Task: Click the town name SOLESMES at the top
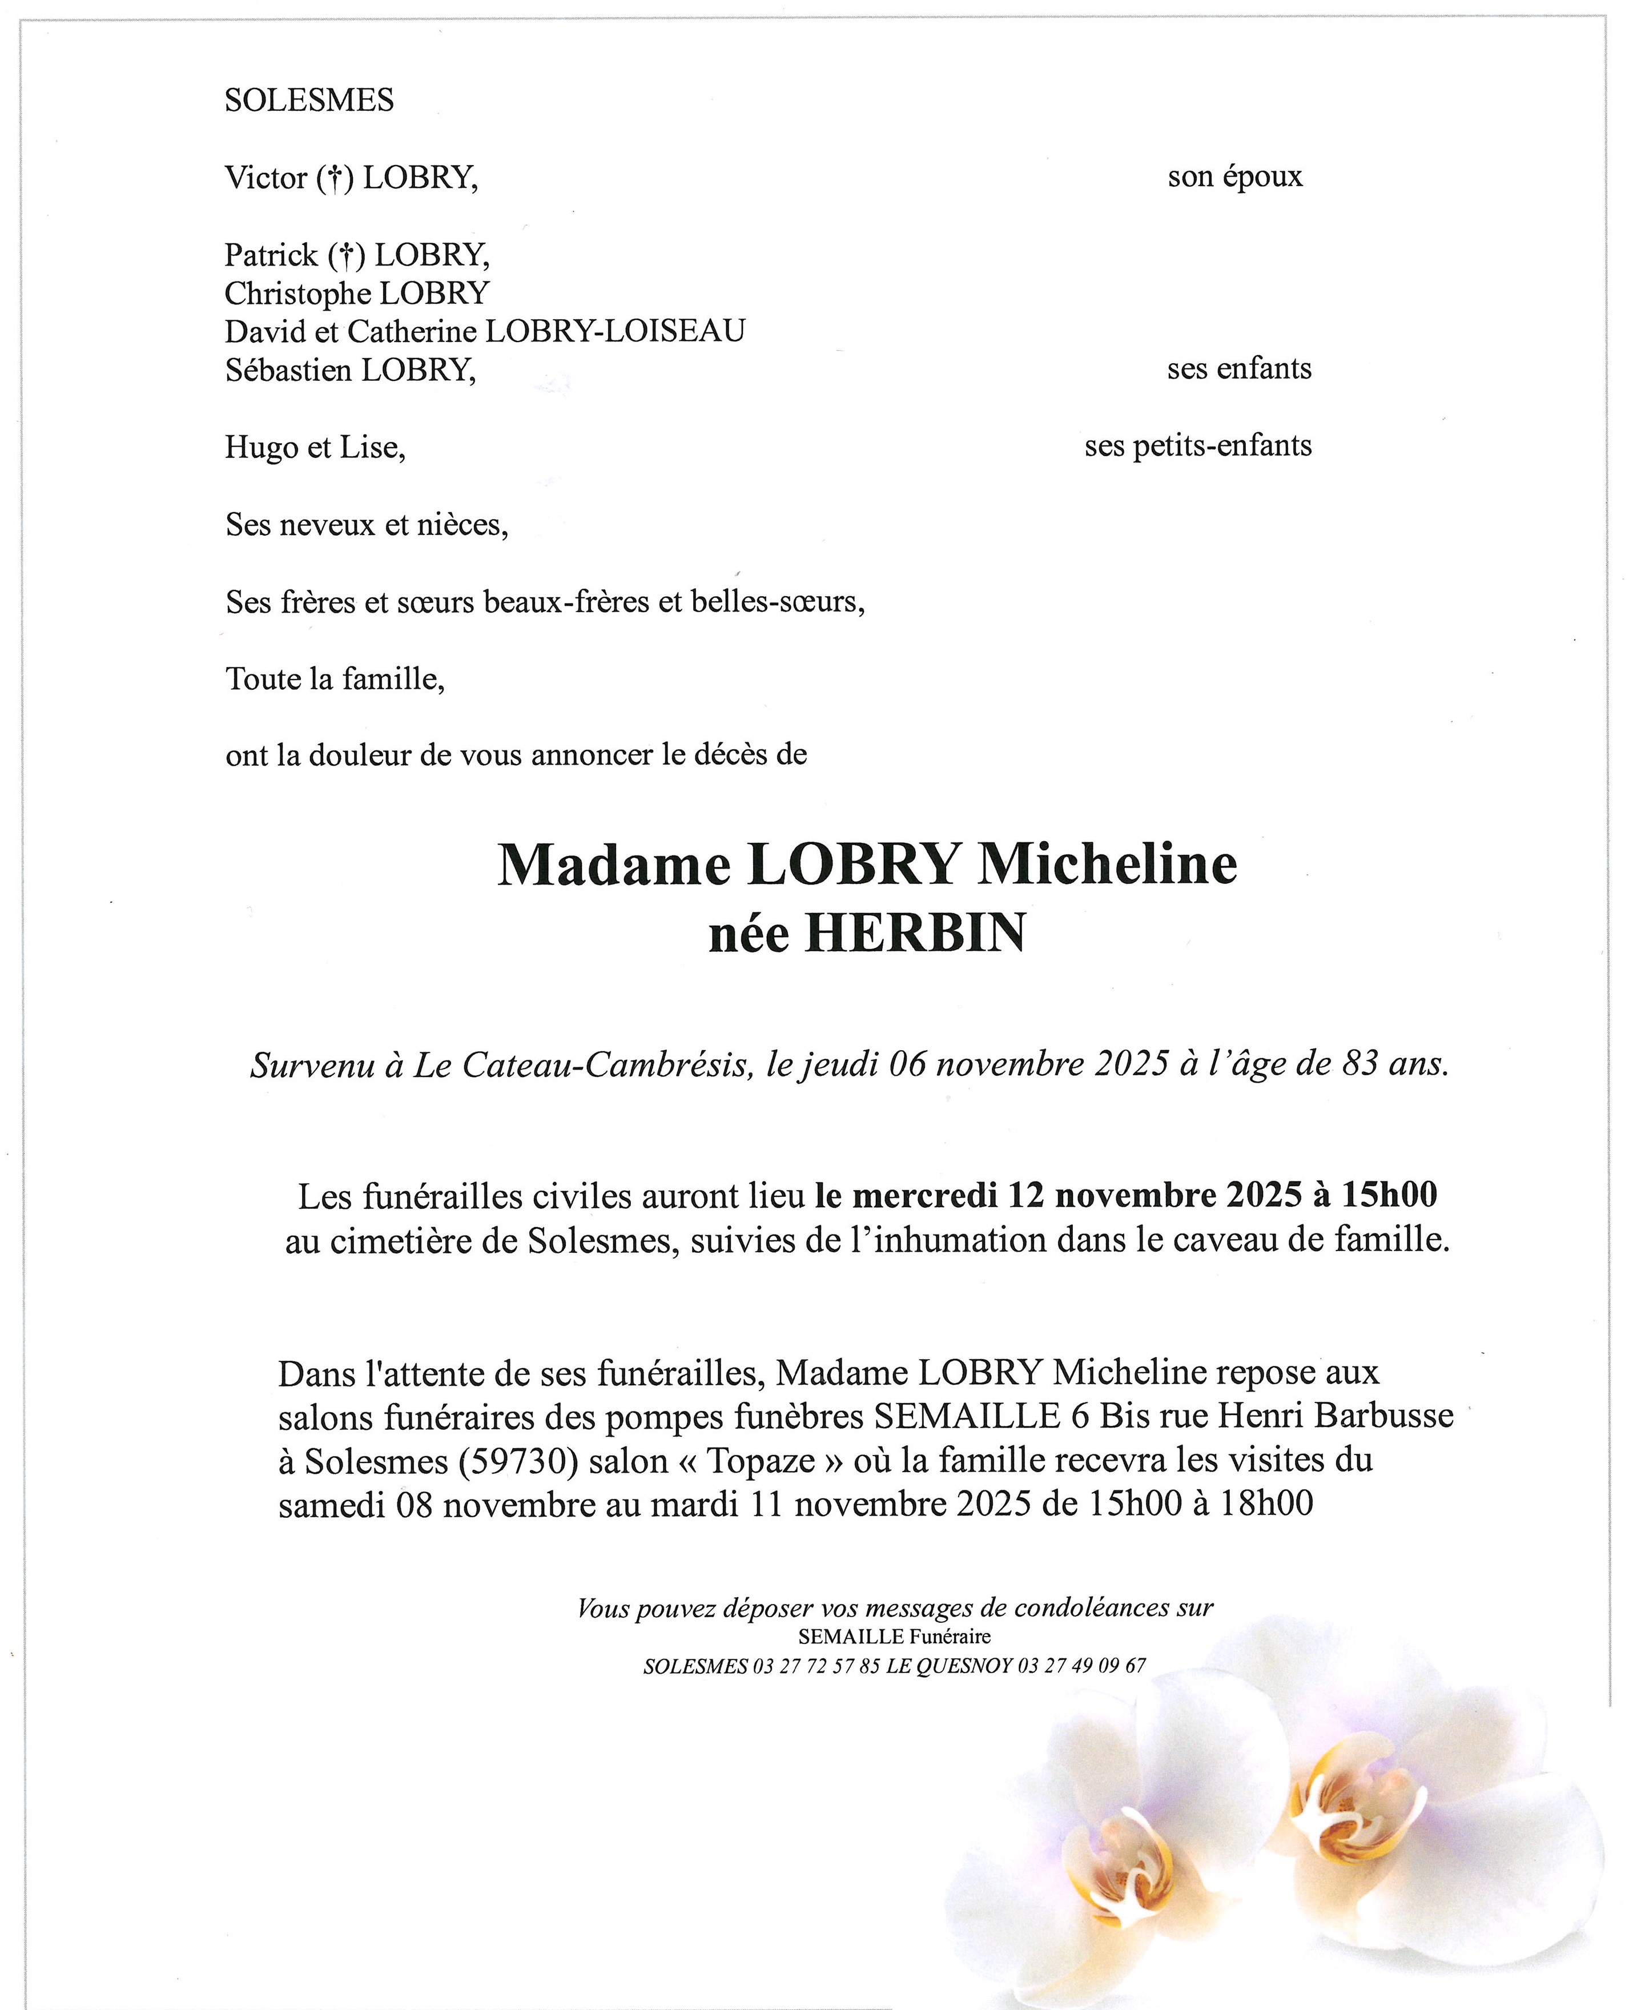(308, 100)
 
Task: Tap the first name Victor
(266, 177)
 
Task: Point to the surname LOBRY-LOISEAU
(614, 331)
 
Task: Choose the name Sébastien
(289, 369)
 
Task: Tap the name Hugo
(257, 448)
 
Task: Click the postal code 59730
(516, 1461)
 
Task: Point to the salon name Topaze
(761, 1461)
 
